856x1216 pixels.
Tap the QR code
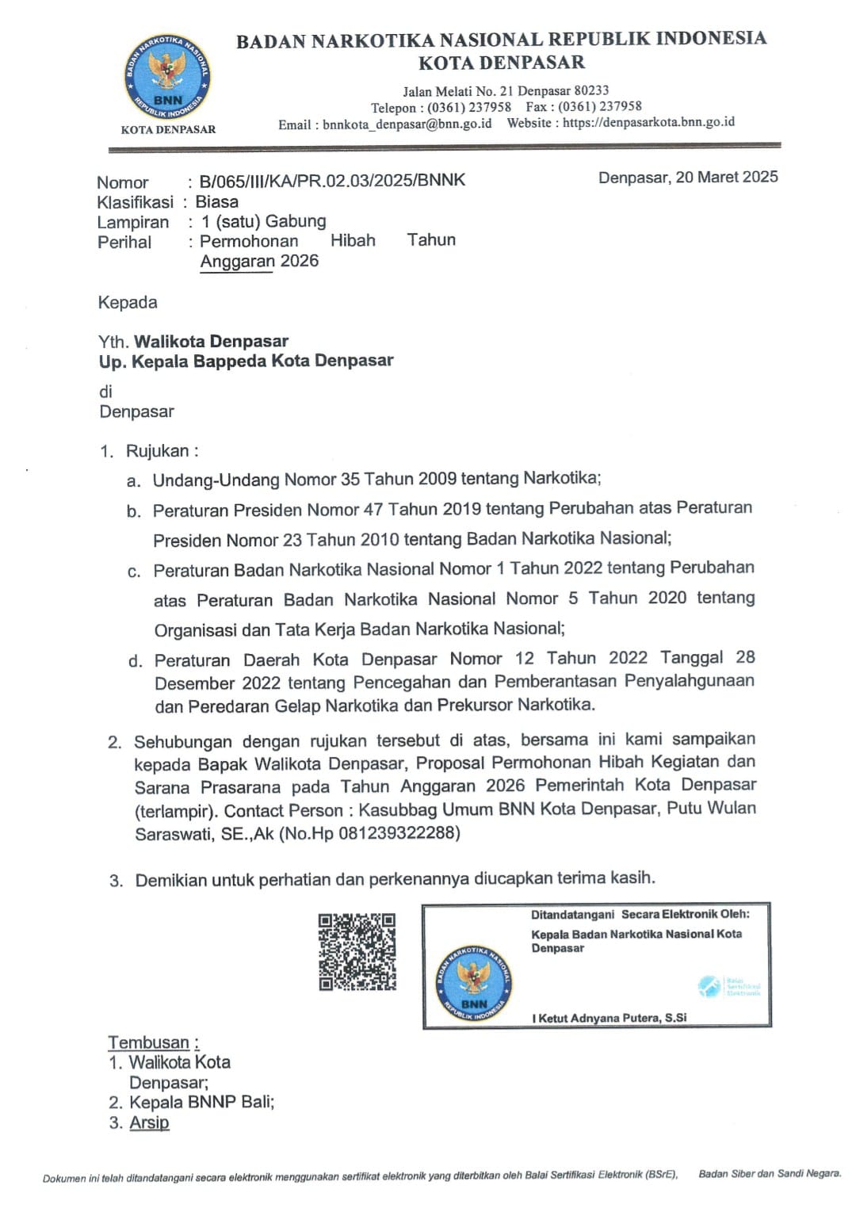[x=357, y=951]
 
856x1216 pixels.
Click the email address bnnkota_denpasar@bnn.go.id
[x=407, y=124]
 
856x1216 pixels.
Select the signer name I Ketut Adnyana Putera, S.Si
[x=610, y=1018]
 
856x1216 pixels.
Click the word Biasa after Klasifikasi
[x=216, y=201]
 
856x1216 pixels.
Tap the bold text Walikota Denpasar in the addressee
[x=212, y=342]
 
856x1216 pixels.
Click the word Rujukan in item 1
[x=158, y=451]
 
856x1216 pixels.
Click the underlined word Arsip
[x=150, y=1122]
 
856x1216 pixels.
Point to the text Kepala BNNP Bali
[x=201, y=1102]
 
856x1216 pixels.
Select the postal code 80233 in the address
[x=591, y=90]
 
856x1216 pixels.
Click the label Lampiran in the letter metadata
[x=133, y=222]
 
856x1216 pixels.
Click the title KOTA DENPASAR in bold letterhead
[x=502, y=62]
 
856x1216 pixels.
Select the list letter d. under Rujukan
[x=136, y=661]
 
